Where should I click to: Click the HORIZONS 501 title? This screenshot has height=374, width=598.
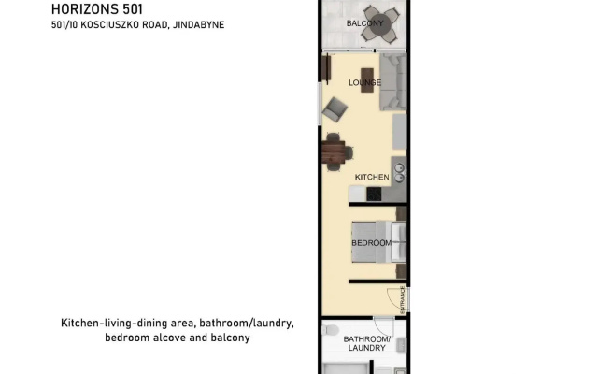97,9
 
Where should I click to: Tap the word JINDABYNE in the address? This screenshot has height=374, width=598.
198,25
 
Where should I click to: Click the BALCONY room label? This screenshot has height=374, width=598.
364,23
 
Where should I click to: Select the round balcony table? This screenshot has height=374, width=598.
380,24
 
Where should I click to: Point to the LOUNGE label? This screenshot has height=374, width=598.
364,82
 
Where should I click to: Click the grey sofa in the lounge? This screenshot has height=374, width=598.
392,81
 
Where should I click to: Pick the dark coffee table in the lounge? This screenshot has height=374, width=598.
367,79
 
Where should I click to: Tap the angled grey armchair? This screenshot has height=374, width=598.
335,109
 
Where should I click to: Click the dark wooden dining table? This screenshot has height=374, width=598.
334,151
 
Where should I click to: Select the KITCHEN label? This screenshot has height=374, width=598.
372,177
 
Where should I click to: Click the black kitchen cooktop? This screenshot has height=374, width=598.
374,194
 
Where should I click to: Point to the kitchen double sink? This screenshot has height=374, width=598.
399,172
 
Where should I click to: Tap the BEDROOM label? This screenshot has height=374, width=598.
372,243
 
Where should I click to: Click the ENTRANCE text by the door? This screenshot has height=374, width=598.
403,300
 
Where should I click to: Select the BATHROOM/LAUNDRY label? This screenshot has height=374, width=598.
366,343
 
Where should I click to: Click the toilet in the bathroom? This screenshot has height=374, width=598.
330,330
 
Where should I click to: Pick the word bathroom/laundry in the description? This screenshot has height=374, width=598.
247,324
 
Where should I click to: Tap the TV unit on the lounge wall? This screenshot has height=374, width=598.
325,68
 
